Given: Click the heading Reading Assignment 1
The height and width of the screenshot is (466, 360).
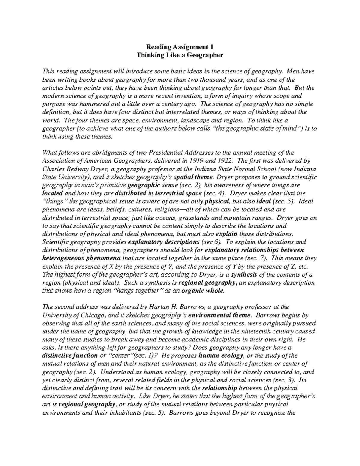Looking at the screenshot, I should coord(180,47).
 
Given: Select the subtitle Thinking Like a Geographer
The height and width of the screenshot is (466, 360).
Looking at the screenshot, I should coord(180,55).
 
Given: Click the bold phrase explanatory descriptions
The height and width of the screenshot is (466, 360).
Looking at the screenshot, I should coord(163,242).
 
